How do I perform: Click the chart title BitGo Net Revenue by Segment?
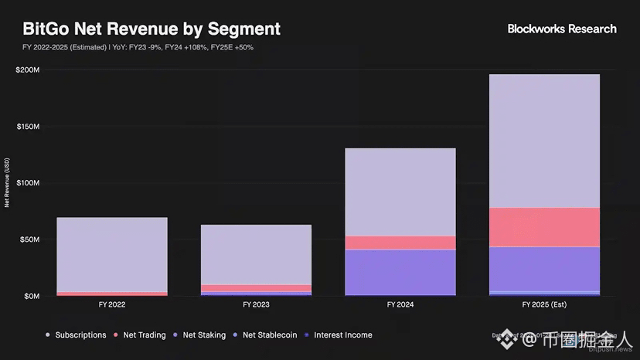tap(151, 29)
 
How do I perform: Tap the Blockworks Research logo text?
tap(562, 29)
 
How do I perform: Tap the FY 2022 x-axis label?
tap(112, 305)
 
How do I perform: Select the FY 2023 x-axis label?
tap(256, 305)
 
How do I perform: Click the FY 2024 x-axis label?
tap(400, 305)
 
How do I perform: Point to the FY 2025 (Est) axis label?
tap(544, 305)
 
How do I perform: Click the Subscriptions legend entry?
tap(80, 335)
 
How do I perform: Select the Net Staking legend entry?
tap(204, 335)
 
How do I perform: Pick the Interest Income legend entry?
tap(342, 335)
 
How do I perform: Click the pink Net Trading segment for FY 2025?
tap(544, 227)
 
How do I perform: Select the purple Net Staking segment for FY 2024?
tap(400, 272)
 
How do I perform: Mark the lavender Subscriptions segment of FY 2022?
tap(112, 254)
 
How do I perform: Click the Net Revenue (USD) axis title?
tap(7, 183)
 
